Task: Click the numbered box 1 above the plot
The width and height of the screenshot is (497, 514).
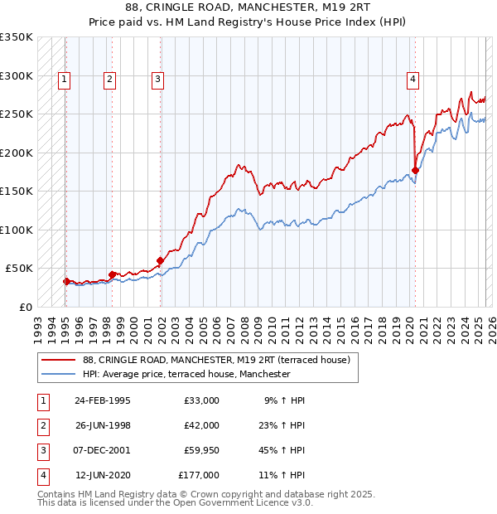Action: (65, 80)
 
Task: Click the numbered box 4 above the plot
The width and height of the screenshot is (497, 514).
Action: (413, 80)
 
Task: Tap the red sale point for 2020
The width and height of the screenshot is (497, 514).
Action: (415, 171)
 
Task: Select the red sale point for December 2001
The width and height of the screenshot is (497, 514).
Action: (161, 260)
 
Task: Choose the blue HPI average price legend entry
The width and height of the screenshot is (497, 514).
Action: (186, 374)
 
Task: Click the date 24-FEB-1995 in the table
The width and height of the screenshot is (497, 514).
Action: (102, 400)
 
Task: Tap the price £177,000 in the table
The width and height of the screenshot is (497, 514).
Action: (199, 475)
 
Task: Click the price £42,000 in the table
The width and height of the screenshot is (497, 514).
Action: (201, 425)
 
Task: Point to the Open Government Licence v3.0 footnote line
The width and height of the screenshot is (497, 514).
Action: (176, 502)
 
